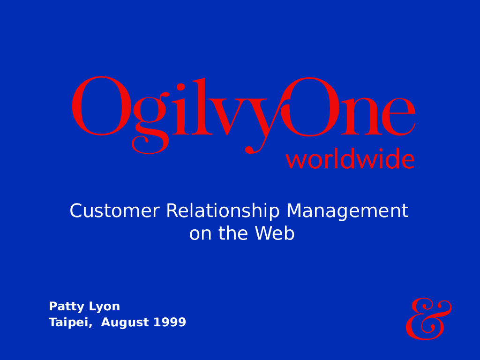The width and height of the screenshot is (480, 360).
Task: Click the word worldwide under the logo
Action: [350, 160]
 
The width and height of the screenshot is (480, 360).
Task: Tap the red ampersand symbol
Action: [428, 319]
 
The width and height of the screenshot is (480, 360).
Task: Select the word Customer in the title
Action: [114, 211]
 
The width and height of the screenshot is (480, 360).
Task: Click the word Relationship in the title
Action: [223, 211]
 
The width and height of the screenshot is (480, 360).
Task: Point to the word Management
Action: [347, 211]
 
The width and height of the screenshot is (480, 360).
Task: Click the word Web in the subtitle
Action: [275, 234]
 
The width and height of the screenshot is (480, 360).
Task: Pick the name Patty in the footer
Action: [66, 307]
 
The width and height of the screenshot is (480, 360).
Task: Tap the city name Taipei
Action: [70, 323]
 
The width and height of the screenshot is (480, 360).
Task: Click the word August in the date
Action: [120, 323]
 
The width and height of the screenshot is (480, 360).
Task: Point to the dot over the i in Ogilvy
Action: [181, 87]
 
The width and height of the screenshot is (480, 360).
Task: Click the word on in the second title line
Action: [200, 234]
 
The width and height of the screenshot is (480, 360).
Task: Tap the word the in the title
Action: [233, 234]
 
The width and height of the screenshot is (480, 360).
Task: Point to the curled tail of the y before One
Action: [251, 150]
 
